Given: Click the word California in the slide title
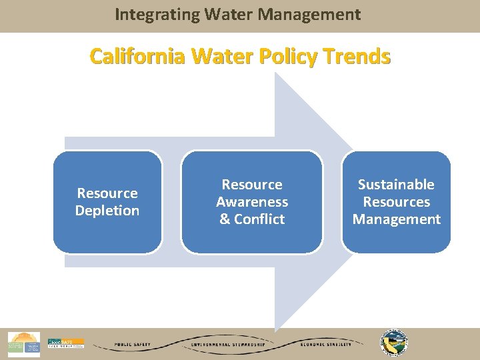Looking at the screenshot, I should [x=138, y=57].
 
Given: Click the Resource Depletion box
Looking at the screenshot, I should [x=107, y=201].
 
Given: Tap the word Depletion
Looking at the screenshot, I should [x=107, y=211].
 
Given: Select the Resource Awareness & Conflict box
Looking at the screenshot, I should [x=252, y=201].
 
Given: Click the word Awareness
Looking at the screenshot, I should [x=252, y=201].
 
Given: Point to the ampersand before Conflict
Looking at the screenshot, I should [x=225, y=219].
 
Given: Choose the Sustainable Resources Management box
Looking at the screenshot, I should [x=396, y=201].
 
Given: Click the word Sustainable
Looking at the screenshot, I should [x=396, y=184].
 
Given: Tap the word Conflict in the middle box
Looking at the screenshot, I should [x=259, y=219].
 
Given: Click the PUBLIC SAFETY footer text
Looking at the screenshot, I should [x=133, y=345].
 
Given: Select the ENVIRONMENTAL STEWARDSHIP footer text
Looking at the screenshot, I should [x=228, y=345].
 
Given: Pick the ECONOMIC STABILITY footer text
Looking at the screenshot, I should [x=322, y=345].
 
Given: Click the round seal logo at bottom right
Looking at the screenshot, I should [x=394, y=343].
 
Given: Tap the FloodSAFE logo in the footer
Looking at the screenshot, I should [x=66, y=343].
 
